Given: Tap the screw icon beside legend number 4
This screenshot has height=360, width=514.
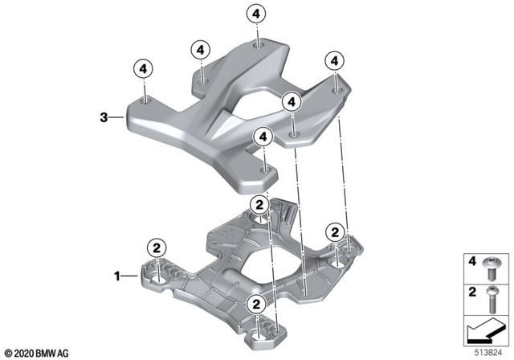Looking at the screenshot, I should pos(492,263).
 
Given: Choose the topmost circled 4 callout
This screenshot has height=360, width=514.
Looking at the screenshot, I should pos(255,14).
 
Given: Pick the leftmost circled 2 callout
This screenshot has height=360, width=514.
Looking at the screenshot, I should pos(157,247).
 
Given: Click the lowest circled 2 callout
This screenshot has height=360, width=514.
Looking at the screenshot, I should pos(256,304).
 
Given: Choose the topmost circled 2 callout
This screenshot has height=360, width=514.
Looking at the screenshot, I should pos(259,206).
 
